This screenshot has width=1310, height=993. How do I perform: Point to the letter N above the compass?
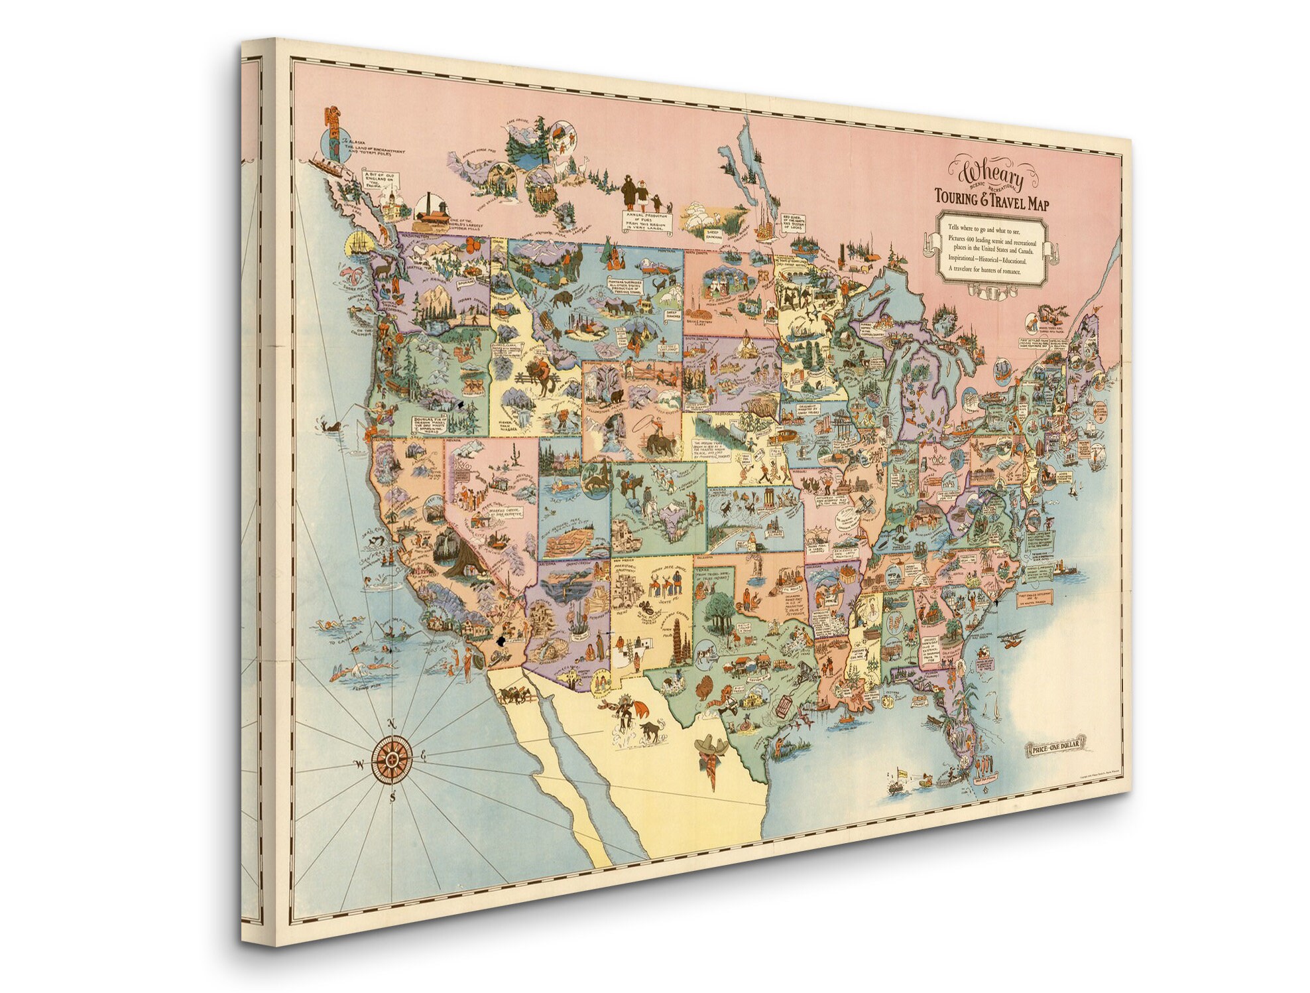pos(392,724)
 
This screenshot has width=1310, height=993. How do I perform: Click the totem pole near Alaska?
pos(332,130)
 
